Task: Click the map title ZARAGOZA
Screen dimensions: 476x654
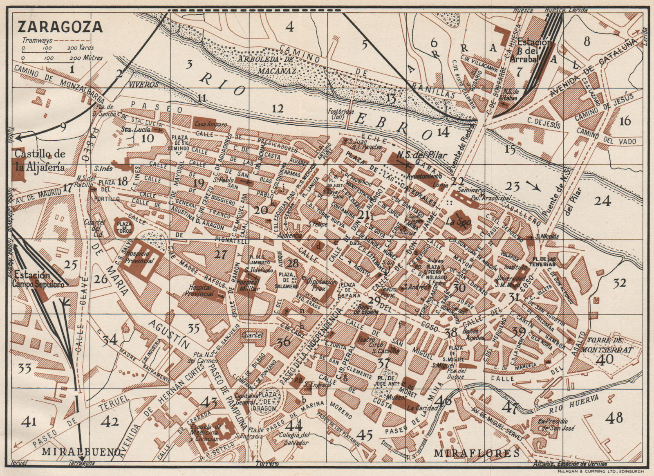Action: point(60,26)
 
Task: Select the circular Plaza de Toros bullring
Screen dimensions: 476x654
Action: point(125,225)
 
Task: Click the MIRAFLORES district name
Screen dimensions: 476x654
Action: point(477,453)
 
